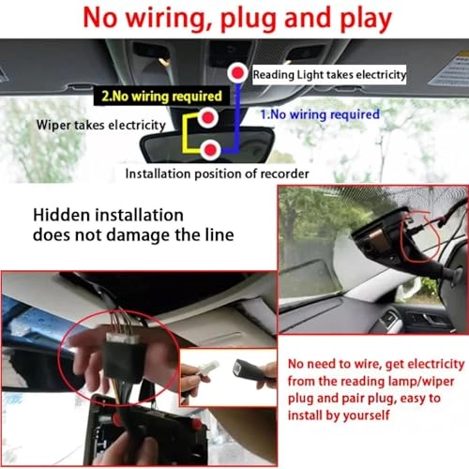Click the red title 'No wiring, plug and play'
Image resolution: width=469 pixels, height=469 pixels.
234,17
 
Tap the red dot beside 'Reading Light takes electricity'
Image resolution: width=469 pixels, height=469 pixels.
239,72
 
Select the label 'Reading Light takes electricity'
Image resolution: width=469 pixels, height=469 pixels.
329,74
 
